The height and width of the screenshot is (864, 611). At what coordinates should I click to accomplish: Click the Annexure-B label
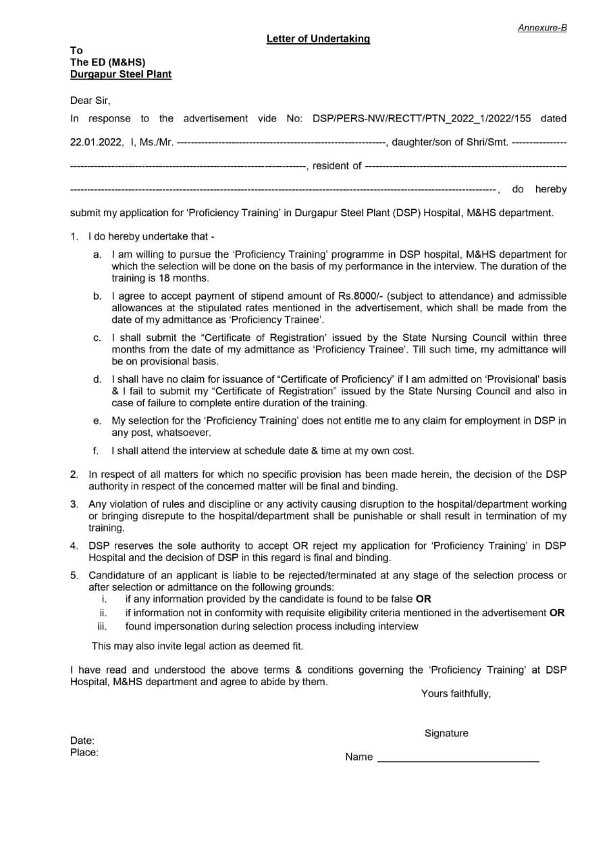tap(542, 28)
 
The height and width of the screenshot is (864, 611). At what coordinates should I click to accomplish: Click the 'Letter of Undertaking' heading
tap(318, 39)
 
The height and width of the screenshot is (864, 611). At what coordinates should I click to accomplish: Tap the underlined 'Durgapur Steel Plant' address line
tap(121, 74)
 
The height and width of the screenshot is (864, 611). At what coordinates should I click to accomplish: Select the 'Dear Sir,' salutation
tap(90, 101)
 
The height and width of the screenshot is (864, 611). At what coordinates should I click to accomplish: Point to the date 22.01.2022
tap(97, 142)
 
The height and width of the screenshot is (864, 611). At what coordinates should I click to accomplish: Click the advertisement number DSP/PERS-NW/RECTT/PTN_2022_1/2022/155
tap(422, 119)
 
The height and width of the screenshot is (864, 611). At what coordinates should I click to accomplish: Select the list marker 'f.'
tap(97, 451)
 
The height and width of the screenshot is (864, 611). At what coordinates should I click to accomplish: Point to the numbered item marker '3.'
tap(74, 504)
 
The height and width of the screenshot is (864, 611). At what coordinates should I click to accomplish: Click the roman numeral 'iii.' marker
tap(103, 626)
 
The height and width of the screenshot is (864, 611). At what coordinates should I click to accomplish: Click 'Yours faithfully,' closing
tap(456, 694)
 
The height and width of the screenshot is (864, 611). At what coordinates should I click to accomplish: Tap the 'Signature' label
tap(446, 734)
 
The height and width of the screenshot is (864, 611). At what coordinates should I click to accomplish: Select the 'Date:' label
tap(82, 740)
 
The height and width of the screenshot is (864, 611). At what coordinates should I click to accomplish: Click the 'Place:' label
tap(84, 753)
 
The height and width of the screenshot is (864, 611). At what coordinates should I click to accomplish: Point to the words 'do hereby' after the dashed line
tap(539, 190)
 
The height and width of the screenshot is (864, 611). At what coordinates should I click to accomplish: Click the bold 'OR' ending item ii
tap(557, 614)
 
